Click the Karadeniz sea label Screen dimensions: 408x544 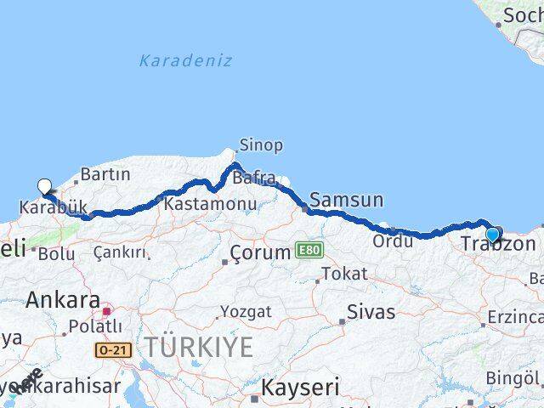(x=185, y=60)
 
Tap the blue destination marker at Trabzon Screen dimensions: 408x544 (x=492, y=235)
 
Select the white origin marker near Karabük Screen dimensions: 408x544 (x=44, y=186)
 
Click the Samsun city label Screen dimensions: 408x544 (x=347, y=201)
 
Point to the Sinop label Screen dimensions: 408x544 (x=261, y=145)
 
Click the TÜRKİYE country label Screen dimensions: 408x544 (x=199, y=347)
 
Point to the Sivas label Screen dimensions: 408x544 (x=371, y=312)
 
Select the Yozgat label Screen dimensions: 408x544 (x=246, y=312)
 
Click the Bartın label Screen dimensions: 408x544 (x=105, y=175)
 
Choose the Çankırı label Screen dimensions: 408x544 (x=120, y=252)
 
